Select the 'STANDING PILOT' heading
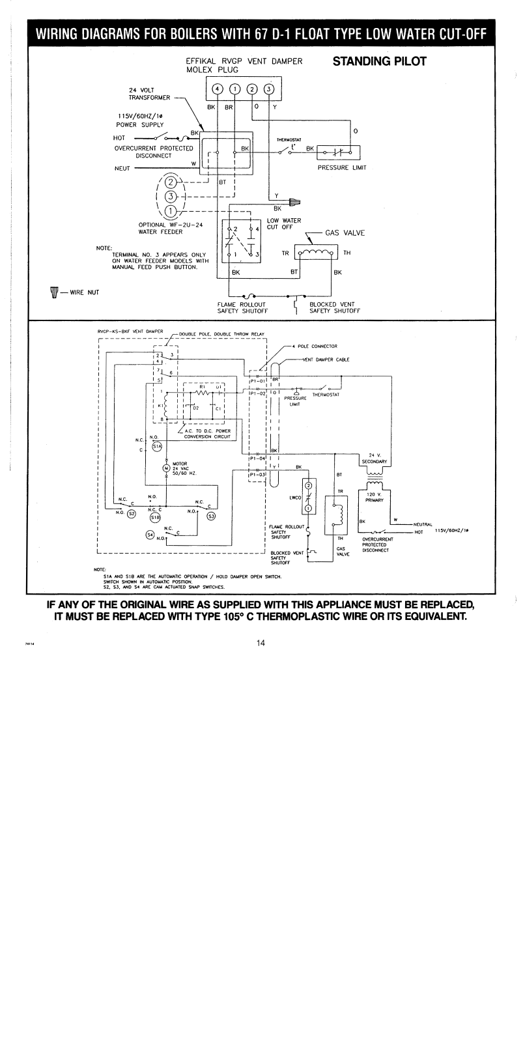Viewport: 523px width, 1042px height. [379, 62]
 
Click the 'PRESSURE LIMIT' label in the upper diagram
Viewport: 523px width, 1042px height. [342, 167]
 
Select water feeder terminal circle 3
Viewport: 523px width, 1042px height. [171, 196]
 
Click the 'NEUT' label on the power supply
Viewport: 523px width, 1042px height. [122, 168]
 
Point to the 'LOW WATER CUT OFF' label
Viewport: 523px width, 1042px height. [283, 224]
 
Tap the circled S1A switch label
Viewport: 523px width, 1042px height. [156, 446]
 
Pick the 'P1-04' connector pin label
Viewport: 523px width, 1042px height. [258, 459]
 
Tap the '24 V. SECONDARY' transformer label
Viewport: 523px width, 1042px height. [374, 458]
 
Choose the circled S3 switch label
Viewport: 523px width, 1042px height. [210, 516]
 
